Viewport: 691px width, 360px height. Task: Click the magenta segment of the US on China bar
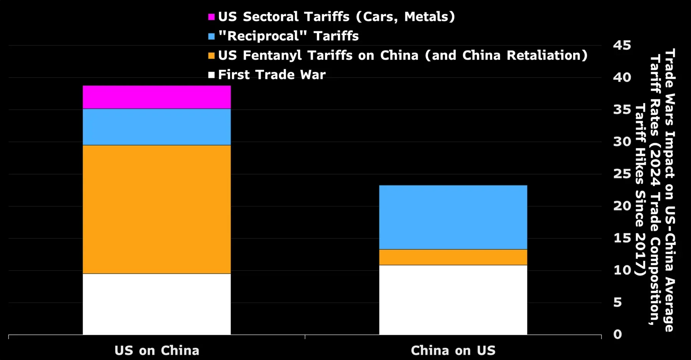click(157, 97)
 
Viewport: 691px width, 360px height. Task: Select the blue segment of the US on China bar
click(157, 127)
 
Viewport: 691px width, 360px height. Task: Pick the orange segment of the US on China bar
click(157, 209)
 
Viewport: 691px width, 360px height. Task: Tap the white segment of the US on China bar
click(157, 304)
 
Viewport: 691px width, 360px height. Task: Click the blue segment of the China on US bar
click(453, 217)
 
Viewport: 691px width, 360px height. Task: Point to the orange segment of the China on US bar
click(453, 257)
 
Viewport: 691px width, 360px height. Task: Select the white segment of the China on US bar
click(453, 300)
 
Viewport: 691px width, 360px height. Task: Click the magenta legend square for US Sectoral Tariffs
click(212, 17)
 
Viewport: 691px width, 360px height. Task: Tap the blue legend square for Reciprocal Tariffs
click(212, 36)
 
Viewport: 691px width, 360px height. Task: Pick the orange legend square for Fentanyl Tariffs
click(212, 56)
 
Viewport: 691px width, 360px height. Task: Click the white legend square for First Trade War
click(212, 75)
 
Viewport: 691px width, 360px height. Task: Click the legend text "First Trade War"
click(272, 75)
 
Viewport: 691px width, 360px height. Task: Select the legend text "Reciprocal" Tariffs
click(288, 36)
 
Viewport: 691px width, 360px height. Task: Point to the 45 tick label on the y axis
click(622, 45)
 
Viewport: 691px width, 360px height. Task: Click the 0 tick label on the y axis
click(617, 335)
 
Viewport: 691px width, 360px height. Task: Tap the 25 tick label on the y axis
click(622, 174)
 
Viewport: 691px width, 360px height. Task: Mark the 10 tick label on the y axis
click(622, 270)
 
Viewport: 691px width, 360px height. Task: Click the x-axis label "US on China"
click(157, 350)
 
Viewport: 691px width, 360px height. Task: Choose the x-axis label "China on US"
click(453, 350)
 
